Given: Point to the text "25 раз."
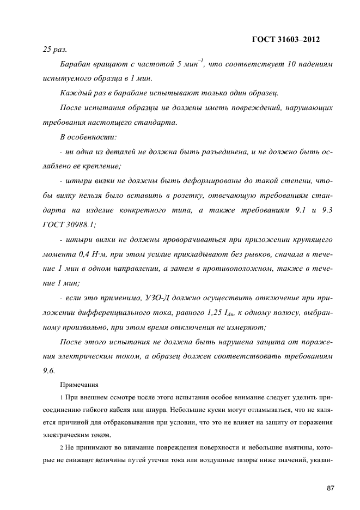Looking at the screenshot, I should tap(54, 50).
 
